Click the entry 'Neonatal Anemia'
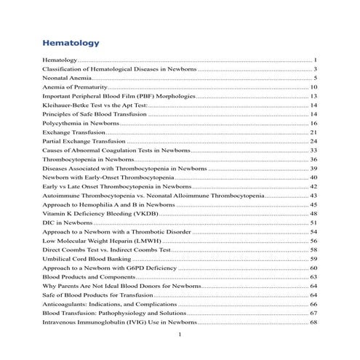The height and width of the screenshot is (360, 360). coord(69,77)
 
